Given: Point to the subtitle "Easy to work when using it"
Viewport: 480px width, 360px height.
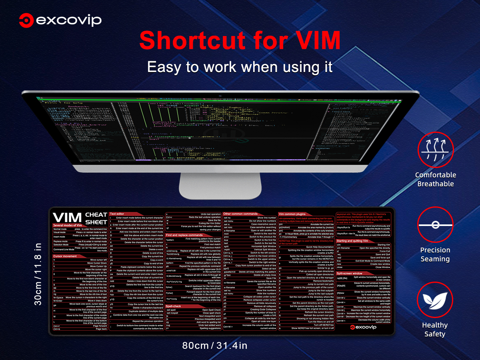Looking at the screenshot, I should click(x=240, y=67).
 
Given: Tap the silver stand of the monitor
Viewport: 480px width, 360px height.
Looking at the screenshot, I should click(x=220, y=184).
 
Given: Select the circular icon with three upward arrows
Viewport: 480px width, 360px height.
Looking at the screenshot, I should click(x=435, y=149).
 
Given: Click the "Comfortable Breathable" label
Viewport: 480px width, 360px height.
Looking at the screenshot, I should click(x=435, y=180).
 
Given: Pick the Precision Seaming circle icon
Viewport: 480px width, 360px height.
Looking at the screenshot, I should click(x=435, y=224).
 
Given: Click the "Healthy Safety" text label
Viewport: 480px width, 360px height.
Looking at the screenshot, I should click(x=435, y=329).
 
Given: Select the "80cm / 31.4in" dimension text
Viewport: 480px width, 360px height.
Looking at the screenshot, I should click(x=214, y=345).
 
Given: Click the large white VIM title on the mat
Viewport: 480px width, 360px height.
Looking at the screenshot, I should click(x=67, y=218).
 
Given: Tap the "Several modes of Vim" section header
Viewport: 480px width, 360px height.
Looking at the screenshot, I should click(x=68, y=226).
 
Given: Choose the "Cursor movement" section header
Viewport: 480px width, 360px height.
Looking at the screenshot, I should click(x=65, y=256).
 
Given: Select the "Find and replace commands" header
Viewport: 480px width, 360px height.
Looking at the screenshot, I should click(x=184, y=235).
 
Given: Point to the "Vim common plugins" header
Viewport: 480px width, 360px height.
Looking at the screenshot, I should click(x=292, y=214).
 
